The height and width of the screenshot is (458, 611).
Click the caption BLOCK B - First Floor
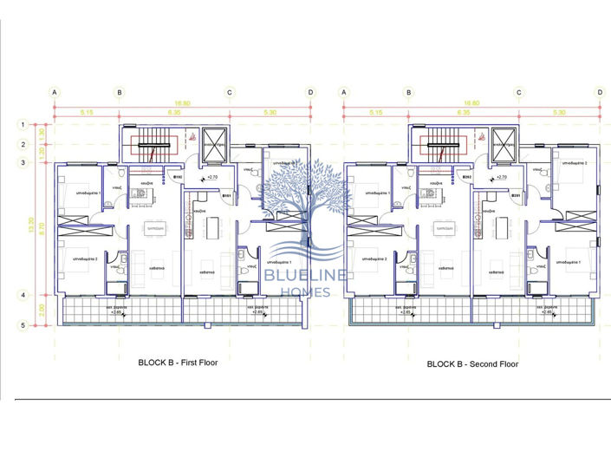click(178, 363)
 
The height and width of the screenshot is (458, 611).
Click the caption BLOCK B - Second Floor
click(472, 364)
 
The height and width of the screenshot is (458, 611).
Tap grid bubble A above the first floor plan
click(55, 92)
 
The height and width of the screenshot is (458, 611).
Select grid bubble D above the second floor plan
click(599, 92)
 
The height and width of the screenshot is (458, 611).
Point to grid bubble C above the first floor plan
click(230, 92)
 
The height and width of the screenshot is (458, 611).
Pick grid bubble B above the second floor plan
click(409, 92)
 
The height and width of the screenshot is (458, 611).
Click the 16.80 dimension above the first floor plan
click(182, 101)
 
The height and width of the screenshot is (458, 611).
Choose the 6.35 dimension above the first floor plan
click(174, 112)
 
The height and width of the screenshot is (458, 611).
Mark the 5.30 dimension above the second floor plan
click(558, 112)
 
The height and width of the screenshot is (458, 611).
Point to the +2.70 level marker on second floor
click(500, 177)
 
